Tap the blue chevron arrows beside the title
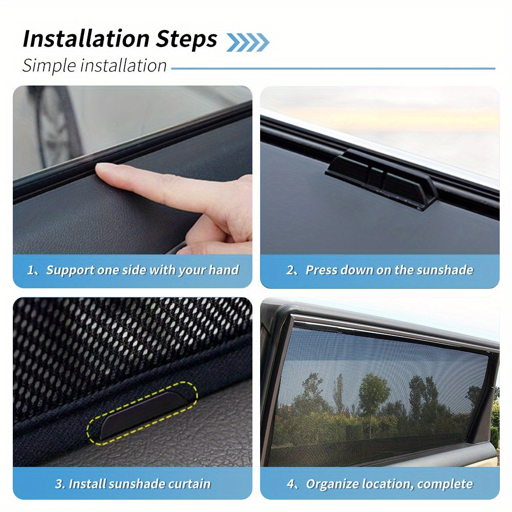tap(247, 42)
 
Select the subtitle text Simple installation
tap(95, 66)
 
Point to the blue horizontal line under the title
tap(333, 68)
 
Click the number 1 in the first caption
tap(30, 270)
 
